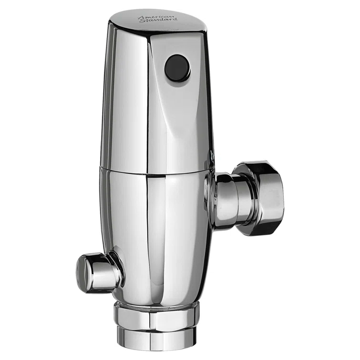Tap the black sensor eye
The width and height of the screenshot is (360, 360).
[x=177, y=68]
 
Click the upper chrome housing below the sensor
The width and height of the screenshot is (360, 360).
[x=157, y=119]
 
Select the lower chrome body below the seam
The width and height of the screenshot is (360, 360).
[x=157, y=229]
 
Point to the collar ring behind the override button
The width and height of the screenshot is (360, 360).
[x=115, y=270]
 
